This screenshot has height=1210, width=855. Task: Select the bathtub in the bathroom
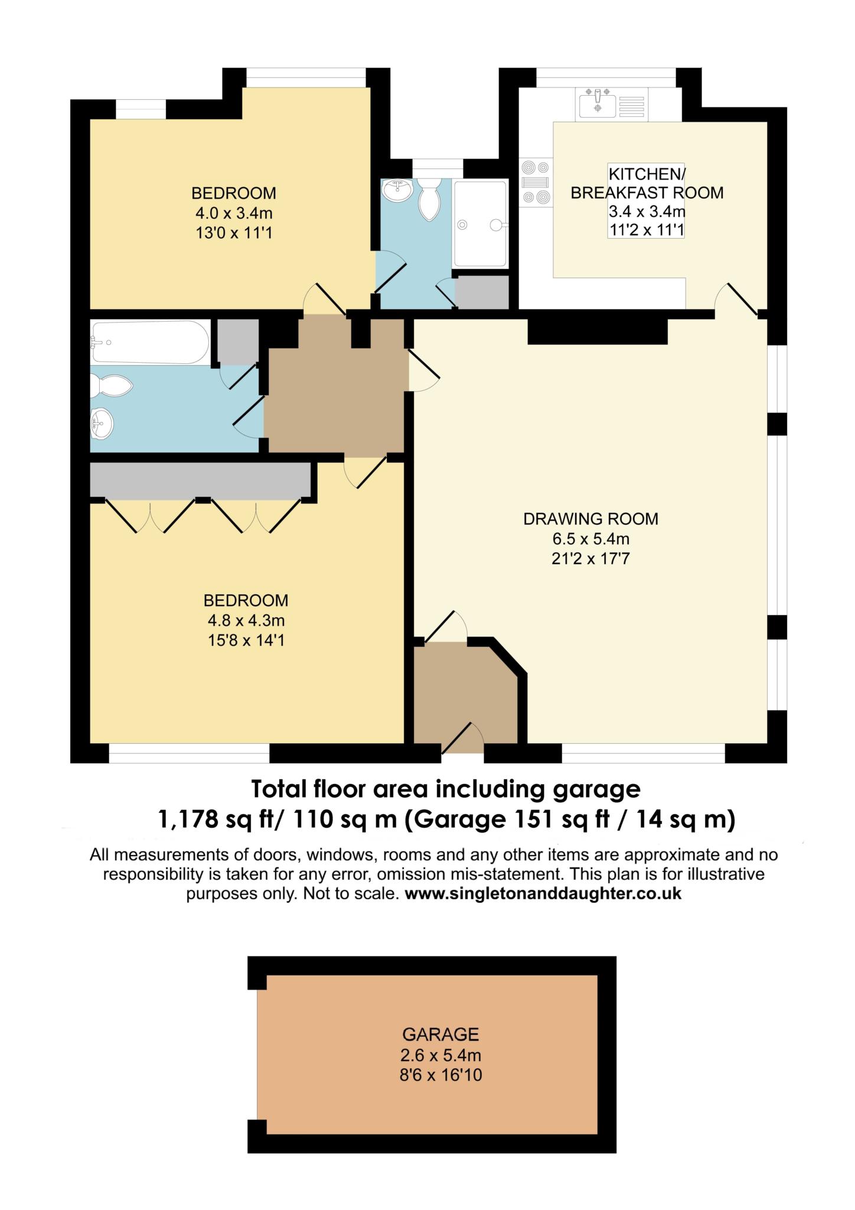click(x=150, y=342)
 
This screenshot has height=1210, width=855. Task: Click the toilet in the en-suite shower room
click(x=429, y=199)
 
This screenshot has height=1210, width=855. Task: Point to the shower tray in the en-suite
click(x=479, y=224)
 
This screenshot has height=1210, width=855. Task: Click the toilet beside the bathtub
click(x=112, y=388)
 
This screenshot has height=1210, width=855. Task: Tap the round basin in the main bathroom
click(x=101, y=424)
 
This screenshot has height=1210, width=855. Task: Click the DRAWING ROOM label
click(x=590, y=519)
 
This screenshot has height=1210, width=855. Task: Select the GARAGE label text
click(x=440, y=1034)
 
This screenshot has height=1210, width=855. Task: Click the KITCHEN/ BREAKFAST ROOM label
click(x=647, y=183)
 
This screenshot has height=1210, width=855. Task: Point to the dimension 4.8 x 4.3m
click(x=246, y=620)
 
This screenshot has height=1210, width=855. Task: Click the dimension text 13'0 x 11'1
click(x=234, y=233)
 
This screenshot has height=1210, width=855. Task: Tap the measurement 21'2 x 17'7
click(x=590, y=558)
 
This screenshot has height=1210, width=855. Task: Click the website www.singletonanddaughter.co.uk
click(x=543, y=893)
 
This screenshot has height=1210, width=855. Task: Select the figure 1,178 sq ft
click(x=216, y=819)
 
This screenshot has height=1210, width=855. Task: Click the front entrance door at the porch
click(x=463, y=739)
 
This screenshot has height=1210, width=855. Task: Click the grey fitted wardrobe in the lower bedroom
click(x=201, y=480)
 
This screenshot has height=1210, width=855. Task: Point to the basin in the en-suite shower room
click(x=397, y=190)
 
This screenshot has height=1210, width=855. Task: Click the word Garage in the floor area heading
click(x=460, y=819)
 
